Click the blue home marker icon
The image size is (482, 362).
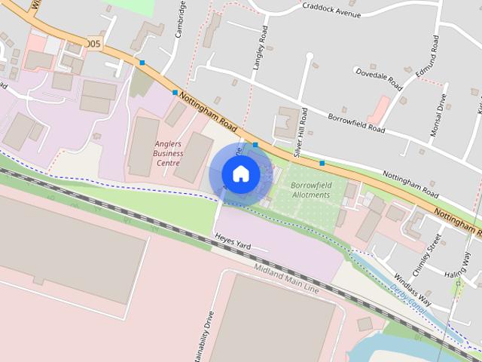[x=240, y=173]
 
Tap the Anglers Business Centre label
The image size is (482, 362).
[x=167, y=152]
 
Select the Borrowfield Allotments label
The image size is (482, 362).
[x=310, y=189]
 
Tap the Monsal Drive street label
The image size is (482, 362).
[x=438, y=115]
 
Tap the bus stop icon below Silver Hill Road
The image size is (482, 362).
[x=322, y=163]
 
